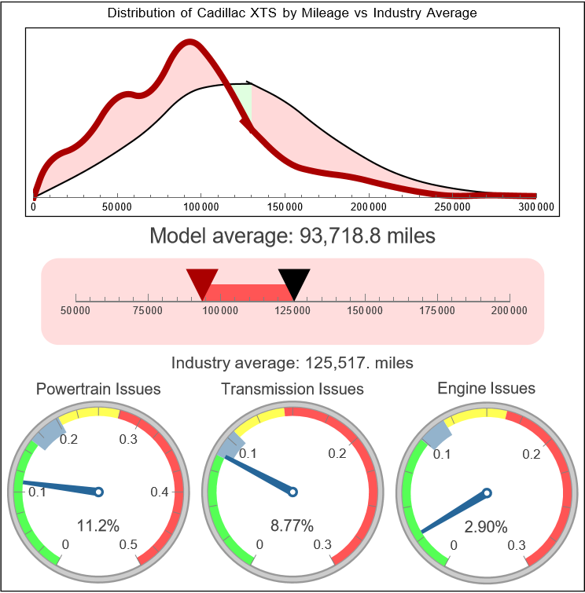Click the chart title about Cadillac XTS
[292, 13]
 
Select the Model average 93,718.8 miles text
[292, 236]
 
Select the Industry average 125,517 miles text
[292, 363]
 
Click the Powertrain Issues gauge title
[99, 389]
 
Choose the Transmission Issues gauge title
[292, 389]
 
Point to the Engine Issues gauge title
[486, 388]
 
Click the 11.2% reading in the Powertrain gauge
[98, 525]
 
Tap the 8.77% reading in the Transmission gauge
[292, 525]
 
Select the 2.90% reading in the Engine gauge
[486, 526]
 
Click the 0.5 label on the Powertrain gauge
[129, 545]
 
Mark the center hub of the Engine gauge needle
[487, 493]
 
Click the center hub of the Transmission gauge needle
[292, 492]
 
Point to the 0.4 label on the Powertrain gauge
[160, 492]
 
